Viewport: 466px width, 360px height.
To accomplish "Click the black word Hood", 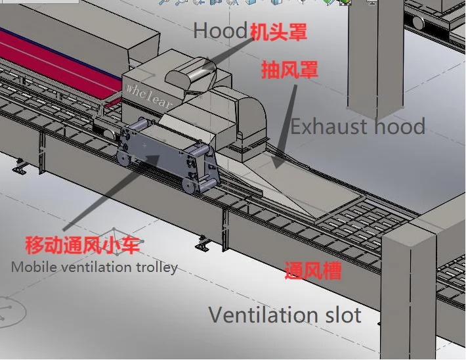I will pyautogui.click(x=220, y=30).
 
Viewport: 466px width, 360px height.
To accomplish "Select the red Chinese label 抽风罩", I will pyautogui.click(x=289, y=70).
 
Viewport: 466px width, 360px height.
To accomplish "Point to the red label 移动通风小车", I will pyautogui.click(x=83, y=246).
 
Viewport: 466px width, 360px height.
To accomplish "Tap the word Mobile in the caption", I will pyautogui.click(x=31, y=267).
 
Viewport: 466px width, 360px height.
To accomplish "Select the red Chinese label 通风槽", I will pyautogui.click(x=313, y=271).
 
